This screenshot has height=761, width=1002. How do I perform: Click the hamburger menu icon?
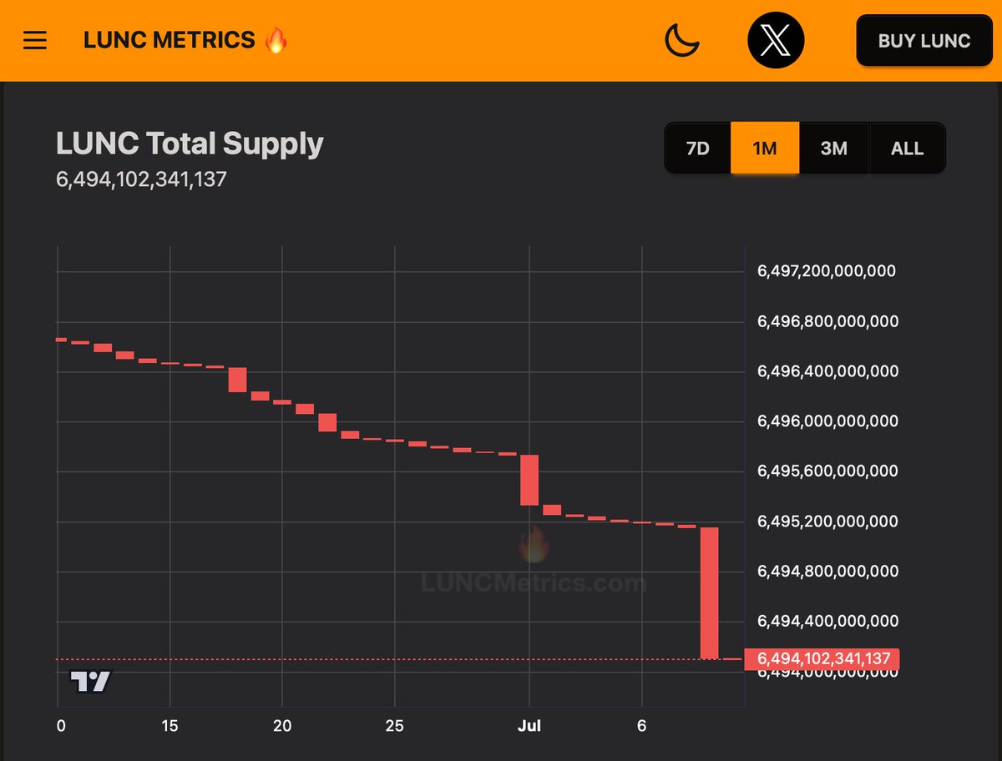(35, 40)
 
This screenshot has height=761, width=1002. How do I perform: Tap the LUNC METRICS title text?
(169, 40)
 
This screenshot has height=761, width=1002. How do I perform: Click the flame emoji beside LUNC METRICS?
(276, 39)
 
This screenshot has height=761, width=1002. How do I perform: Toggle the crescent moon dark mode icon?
(681, 40)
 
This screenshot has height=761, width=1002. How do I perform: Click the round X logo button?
(776, 40)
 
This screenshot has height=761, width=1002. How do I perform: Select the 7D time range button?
(697, 149)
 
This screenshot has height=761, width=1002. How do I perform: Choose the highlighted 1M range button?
(764, 149)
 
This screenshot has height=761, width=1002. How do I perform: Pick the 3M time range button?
(833, 149)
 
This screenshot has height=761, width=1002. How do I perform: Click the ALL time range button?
(907, 149)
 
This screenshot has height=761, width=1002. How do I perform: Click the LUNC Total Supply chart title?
(190, 144)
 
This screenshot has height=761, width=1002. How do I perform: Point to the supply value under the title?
(141, 179)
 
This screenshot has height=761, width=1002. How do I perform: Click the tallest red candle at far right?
(709, 592)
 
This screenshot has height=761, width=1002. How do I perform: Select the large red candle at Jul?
(529, 480)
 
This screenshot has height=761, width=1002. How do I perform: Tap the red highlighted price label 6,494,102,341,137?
(822, 659)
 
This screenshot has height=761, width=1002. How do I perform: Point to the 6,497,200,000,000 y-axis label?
(826, 271)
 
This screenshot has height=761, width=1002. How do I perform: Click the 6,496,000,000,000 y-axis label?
(827, 421)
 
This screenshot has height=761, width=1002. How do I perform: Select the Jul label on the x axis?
(529, 726)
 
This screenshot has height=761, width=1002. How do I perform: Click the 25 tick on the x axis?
(395, 726)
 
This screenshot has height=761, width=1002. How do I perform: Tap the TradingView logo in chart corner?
(90, 682)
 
